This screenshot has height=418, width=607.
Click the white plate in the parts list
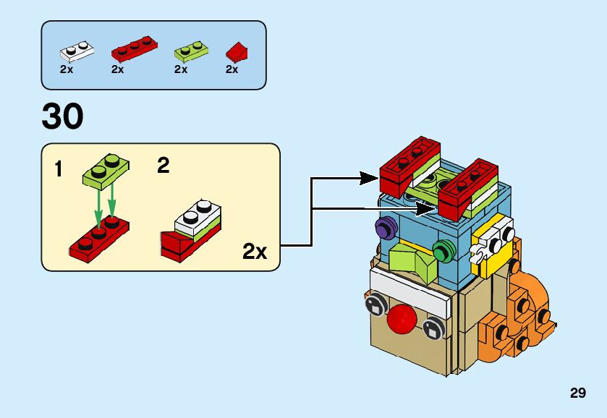[x=77, y=51]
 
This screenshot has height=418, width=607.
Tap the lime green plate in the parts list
[x=191, y=51]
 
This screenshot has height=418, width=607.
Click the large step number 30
[x=62, y=116]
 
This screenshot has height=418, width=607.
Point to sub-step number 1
[x=58, y=170]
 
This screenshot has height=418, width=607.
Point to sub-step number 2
[x=164, y=166]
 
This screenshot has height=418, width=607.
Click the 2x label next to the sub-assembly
[x=255, y=252]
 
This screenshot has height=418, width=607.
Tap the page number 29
[x=577, y=393]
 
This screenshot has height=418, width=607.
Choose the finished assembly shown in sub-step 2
[x=192, y=230]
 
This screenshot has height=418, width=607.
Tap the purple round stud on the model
[x=384, y=230]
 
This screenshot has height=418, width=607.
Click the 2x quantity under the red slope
[x=232, y=70]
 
